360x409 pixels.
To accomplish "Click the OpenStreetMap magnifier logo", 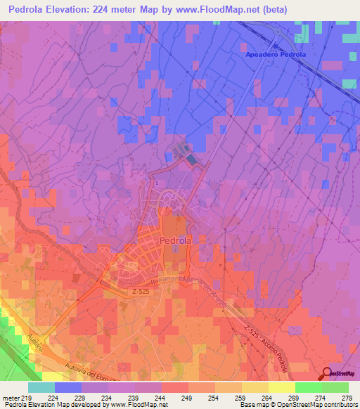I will point(329,373).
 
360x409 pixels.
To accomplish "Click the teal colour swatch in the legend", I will point(41,387).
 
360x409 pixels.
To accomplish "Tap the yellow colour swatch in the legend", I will point(282,387).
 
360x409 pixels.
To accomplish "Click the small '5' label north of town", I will point(157,183).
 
